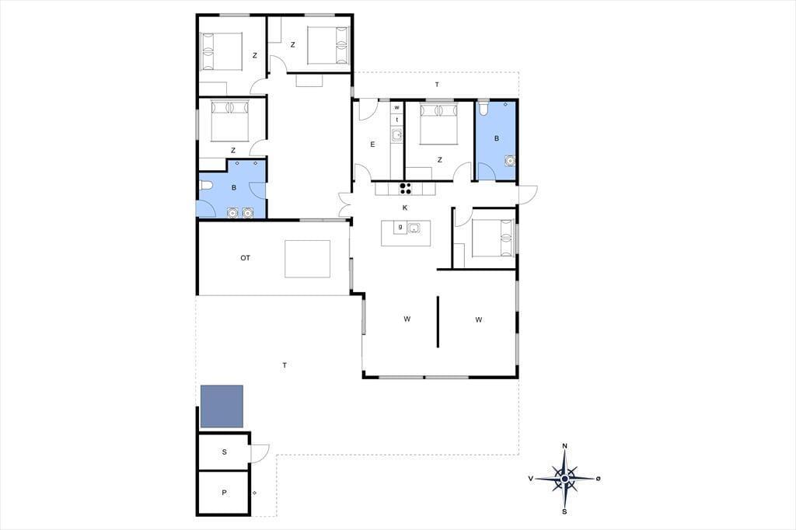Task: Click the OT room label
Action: pyautogui.click(x=245, y=258)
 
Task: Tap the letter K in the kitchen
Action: pyautogui.click(x=405, y=207)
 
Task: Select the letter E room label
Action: pyautogui.click(x=372, y=145)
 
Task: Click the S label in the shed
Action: pyautogui.click(x=225, y=452)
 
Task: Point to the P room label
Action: pyautogui.click(x=225, y=493)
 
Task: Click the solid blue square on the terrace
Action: pyautogui.click(x=222, y=406)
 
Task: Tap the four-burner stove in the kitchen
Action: pyautogui.click(x=406, y=188)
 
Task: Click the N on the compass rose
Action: pyautogui.click(x=564, y=446)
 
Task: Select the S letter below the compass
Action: pyautogui.click(x=564, y=511)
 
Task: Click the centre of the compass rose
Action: pyautogui.click(x=564, y=479)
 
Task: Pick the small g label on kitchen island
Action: pyautogui.click(x=400, y=227)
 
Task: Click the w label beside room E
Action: pyautogui.click(x=397, y=107)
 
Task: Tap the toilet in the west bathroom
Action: pyautogui.click(x=204, y=185)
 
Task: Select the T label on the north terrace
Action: pyautogui.click(x=437, y=85)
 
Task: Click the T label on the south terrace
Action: pyautogui.click(x=285, y=365)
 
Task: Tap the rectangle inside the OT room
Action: pyautogui.click(x=307, y=259)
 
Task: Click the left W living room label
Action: pyautogui.click(x=407, y=319)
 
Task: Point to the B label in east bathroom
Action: pyautogui.click(x=497, y=138)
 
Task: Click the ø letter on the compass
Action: pyautogui.click(x=599, y=478)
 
